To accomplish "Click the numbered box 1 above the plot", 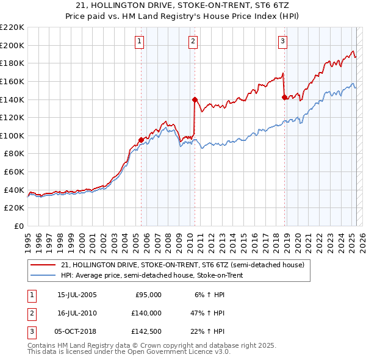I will [140, 41].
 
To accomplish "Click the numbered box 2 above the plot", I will [193, 41].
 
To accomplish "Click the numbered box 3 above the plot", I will [283, 41].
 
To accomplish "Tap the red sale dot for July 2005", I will [141, 140].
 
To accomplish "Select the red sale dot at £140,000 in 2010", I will [195, 99].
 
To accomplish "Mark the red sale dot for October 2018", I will [284, 96].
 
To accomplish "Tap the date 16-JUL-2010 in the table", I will [77, 313].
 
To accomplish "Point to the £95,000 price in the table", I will [148, 295].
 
